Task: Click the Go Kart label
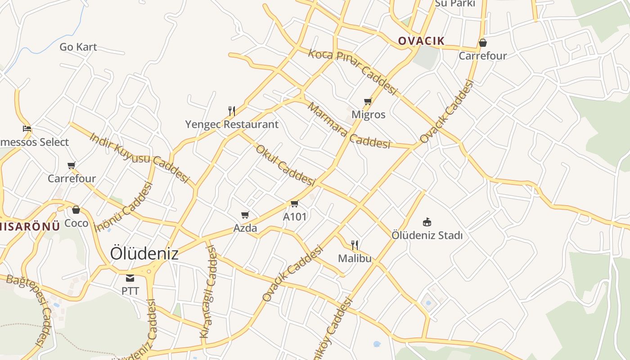(x=78, y=47)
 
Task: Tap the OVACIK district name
(x=421, y=41)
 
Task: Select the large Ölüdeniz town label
(x=144, y=253)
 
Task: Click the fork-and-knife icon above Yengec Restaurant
(x=232, y=111)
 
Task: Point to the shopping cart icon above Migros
(x=368, y=101)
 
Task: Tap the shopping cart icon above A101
(x=295, y=204)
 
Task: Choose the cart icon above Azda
(x=245, y=215)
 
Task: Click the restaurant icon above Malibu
(x=355, y=245)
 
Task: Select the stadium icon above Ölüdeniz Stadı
(x=427, y=222)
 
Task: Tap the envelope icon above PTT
(x=130, y=278)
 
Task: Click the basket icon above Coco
(x=76, y=210)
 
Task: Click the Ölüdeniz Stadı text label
(x=427, y=235)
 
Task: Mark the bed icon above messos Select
(x=27, y=129)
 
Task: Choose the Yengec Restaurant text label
(x=232, y=124)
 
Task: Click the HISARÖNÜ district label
(x=30, y=226)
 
